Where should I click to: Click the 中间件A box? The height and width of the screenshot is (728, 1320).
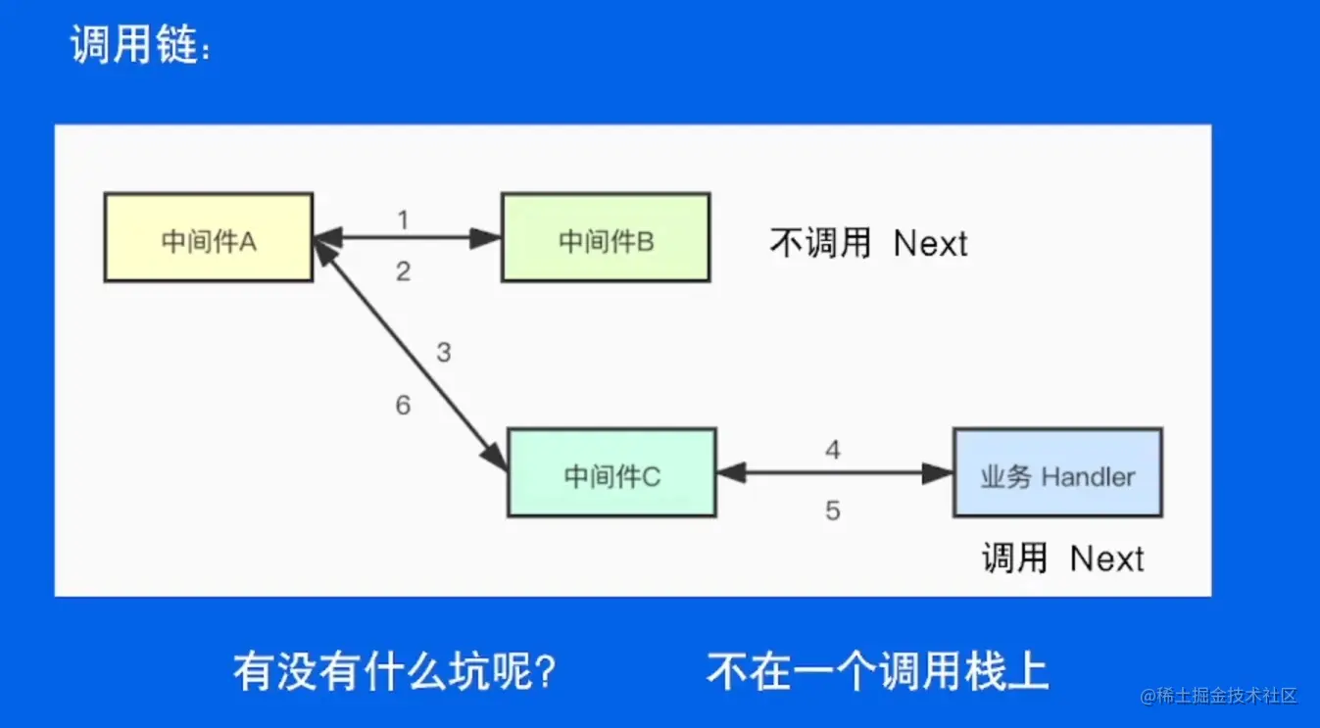coord(209,238)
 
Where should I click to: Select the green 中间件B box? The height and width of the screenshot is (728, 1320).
coord(605,238)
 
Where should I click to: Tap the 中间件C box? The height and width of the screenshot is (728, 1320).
coord(611,473)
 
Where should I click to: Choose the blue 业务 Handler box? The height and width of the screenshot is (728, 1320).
coord(1057,473)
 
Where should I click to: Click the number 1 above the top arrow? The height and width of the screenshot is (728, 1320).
coord(403,219)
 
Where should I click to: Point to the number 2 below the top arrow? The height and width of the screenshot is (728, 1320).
coord(403,272)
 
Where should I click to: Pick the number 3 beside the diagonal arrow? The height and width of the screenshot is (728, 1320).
coord(443,353)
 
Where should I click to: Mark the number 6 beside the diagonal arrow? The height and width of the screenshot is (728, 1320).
coord(403,405)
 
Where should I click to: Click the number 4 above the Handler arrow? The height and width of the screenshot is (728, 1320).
coord(833,451)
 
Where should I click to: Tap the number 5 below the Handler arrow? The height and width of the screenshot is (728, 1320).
coord(833,510)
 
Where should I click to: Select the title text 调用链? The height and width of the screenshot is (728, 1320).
coord(137,46)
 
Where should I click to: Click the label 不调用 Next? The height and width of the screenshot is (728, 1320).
coord(868,243)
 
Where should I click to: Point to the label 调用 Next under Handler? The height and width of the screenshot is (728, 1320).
coord(1063,558)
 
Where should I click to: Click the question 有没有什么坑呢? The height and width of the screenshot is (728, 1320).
coord(396,671)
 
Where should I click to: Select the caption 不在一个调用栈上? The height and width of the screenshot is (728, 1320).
coord(877,671)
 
